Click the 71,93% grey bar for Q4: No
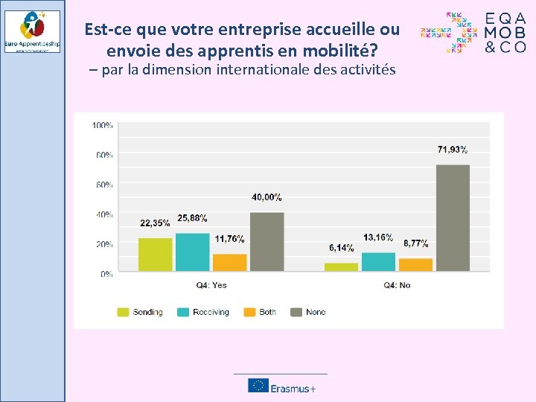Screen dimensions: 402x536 click(453, 217)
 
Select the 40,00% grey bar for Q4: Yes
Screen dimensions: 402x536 click(267, 242)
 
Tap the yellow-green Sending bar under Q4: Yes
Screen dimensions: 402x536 click(155, 255)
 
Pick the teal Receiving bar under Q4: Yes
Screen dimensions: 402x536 click(192, 252)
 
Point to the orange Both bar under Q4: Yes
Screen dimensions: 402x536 click(229, 262)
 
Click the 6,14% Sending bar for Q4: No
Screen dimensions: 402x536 click(341, 267)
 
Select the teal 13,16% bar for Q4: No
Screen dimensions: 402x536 click(378, 261)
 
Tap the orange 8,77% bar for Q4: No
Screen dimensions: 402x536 click(415, 264)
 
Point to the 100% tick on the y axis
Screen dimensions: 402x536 click(103, 125)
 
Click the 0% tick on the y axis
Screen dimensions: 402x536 click(106, 274)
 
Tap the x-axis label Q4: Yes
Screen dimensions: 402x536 click(211, 286)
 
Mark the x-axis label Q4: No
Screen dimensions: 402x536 click(397, 286)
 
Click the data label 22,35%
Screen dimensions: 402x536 click(155, 223)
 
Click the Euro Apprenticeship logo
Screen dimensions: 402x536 click(32, 31)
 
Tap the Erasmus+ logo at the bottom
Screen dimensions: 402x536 click(281, 386)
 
